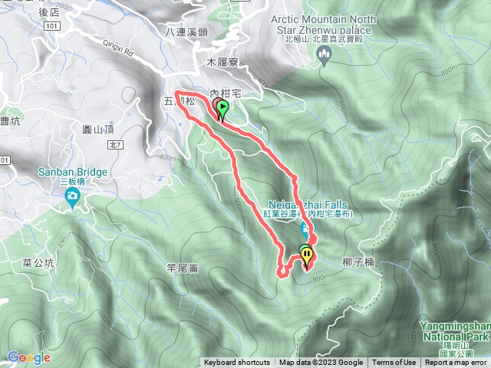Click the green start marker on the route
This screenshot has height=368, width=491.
coord(222,108)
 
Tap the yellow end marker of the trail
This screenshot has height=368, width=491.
coord(307,253)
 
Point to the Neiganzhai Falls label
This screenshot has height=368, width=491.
coord(308,205)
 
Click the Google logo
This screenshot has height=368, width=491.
coord(28,357)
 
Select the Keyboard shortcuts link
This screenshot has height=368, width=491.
coord(236,363)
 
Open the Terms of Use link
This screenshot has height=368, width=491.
coord(394,363)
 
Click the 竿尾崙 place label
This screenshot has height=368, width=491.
coord(183,267)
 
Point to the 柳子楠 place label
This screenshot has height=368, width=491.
coord(358,261)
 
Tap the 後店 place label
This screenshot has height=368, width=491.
coord(48,12)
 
